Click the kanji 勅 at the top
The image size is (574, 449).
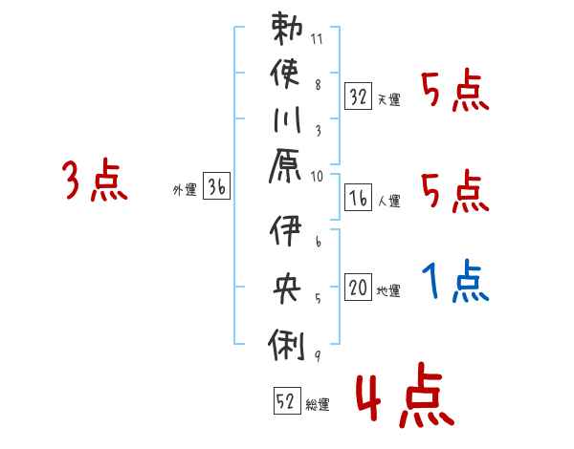287,30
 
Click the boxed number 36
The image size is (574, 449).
216,187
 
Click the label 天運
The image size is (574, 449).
388,98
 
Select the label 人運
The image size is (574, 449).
388,201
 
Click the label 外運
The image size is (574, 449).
185,190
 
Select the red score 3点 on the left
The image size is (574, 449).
95,181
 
